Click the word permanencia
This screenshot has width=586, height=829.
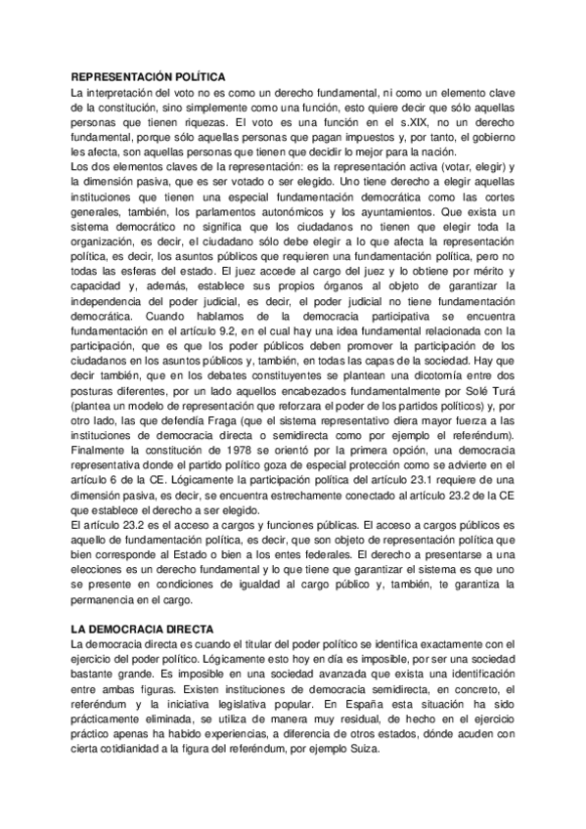tap(109, 604)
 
